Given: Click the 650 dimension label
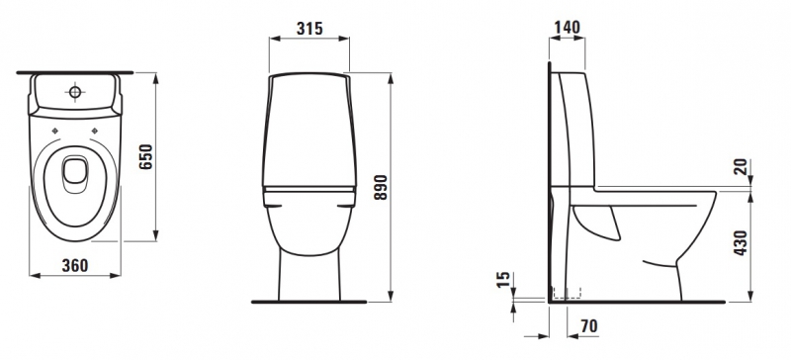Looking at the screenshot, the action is click(146, 156).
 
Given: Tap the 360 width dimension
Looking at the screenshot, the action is click(75, 265).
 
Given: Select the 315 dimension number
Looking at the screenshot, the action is click(309, 29).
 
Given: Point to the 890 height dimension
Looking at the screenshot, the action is click(381, 187).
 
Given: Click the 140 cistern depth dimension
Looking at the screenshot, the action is click(567, 28).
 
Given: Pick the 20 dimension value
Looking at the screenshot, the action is click(741, 167).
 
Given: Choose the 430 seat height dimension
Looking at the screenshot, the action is click(741, 242).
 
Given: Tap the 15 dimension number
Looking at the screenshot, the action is click(504, 280).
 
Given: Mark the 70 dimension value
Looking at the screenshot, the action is click(589, 326).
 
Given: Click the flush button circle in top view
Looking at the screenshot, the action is click(75, 92).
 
